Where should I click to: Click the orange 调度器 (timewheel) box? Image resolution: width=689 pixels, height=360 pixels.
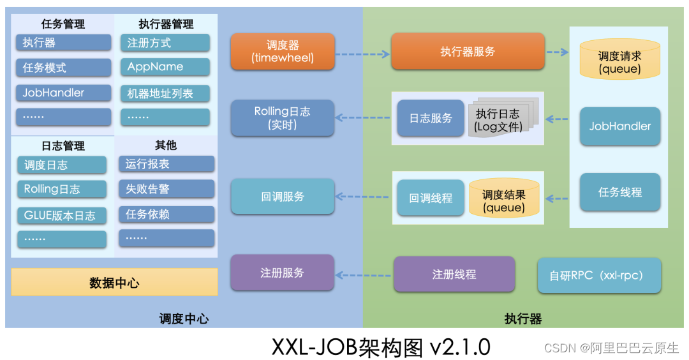coord(283,51)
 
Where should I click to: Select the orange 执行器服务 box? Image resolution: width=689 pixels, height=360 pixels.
coord(468,52)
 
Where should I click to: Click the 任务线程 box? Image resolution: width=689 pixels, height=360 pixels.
coord(619,192)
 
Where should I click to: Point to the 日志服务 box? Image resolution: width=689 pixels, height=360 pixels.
coord(431,118)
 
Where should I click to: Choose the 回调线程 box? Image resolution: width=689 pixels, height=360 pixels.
coord(431,198)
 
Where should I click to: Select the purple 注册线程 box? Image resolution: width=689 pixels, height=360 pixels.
coord(454,274)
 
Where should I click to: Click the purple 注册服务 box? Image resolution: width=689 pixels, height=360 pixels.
coord(283,273)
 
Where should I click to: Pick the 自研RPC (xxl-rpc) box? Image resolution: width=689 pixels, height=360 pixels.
coord(598,276)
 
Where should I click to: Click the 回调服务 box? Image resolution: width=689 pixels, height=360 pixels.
coord(283,197)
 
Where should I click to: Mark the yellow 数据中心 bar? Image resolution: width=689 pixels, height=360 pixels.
coord(114,282)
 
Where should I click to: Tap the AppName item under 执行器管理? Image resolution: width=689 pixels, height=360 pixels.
coord(165,67)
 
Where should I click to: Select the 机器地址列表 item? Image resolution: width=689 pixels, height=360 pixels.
coord(165,93)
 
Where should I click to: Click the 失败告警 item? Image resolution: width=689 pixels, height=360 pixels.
coord(166,189)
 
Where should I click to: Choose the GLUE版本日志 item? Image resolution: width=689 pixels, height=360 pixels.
coord(62,216)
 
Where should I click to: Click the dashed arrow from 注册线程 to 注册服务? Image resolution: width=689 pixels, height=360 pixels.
coord(364,275)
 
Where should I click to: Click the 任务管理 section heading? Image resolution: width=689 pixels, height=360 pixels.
coord(63,24)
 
